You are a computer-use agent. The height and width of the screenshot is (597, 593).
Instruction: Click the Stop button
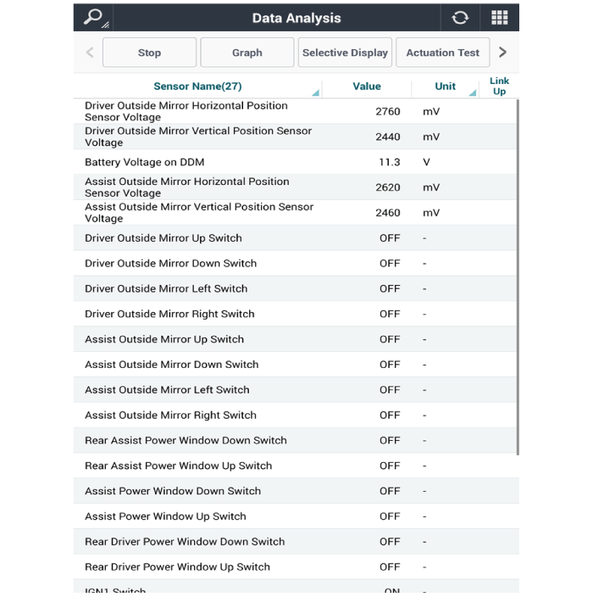pyautogui.click(x=149, y=53)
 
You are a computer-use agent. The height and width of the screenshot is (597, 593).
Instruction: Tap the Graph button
pyautogui.click(x=247, y=53)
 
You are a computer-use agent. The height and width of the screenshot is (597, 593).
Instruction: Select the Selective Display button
pyautogui.click(x=345, y=53)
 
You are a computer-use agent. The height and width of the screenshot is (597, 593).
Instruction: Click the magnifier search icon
pyautogui.click(x=93, y=18)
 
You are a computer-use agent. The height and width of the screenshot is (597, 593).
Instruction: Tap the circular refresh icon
pyautogui.click(x=460, y=18)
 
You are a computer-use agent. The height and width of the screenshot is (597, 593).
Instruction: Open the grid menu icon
pyautogui.click(x=499, y=18)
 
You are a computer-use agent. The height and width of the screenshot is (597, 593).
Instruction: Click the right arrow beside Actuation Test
pyautogui.click(x=502, y=53)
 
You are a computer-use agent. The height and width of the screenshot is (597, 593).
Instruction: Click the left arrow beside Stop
pyautogui.click(x=90, y=53)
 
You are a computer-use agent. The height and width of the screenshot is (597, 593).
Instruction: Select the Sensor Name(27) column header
pyautogui.click(x=198, y=86)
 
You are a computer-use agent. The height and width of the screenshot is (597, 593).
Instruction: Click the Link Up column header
pyautogui.click(x=499, y=86)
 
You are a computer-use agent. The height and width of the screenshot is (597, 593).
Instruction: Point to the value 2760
pyautogui.click(x=388, y=111)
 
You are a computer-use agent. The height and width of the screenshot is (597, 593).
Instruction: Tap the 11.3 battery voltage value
pyautogui.click(x=389, y=162)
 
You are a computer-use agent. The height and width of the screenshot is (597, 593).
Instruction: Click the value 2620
pyautogui.click(x=388, y=187)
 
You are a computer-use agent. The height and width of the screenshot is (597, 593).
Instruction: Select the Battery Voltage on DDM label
pyautogui.click(x=145, y=162)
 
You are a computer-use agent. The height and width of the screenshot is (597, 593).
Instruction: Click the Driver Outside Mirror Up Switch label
pyautogui.click(x=163, y=238)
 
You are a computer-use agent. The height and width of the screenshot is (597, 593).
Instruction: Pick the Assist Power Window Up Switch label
pyautogui.click(x=165, y=516)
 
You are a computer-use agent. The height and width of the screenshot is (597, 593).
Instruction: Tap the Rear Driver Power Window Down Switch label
pyautogui.click(x=185, y=542)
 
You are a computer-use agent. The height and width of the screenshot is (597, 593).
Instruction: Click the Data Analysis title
pyautogui.click(x=296, y=18)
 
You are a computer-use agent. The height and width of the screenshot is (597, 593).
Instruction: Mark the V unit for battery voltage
pyautogui.click(x=426, y=162)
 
